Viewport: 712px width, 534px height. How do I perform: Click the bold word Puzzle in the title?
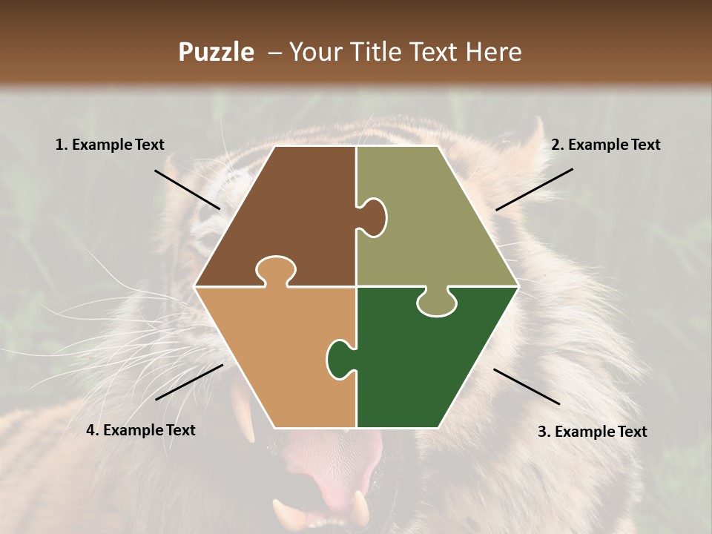click(x=216, y=53)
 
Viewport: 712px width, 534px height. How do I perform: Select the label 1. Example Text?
click(x=110, y=145)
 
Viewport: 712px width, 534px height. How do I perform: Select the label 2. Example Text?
click(x=605, y=145)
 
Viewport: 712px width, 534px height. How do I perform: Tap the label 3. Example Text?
click(x=592, y=432)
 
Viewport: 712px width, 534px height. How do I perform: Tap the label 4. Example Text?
click(x=140, y=430)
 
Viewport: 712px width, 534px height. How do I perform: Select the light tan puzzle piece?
click(x=274, y=356)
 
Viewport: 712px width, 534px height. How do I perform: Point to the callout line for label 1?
click(x=187, y=189)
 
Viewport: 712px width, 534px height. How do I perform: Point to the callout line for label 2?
click(x=534, y=189)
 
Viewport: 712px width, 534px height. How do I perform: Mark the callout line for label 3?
click(x=527, y=386)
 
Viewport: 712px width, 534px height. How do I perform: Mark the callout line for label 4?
click(x=189, y=382)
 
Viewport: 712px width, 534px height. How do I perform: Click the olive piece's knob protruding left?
click(x=374, y=217)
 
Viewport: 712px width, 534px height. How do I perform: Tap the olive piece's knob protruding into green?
click(x=437, y=303)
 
